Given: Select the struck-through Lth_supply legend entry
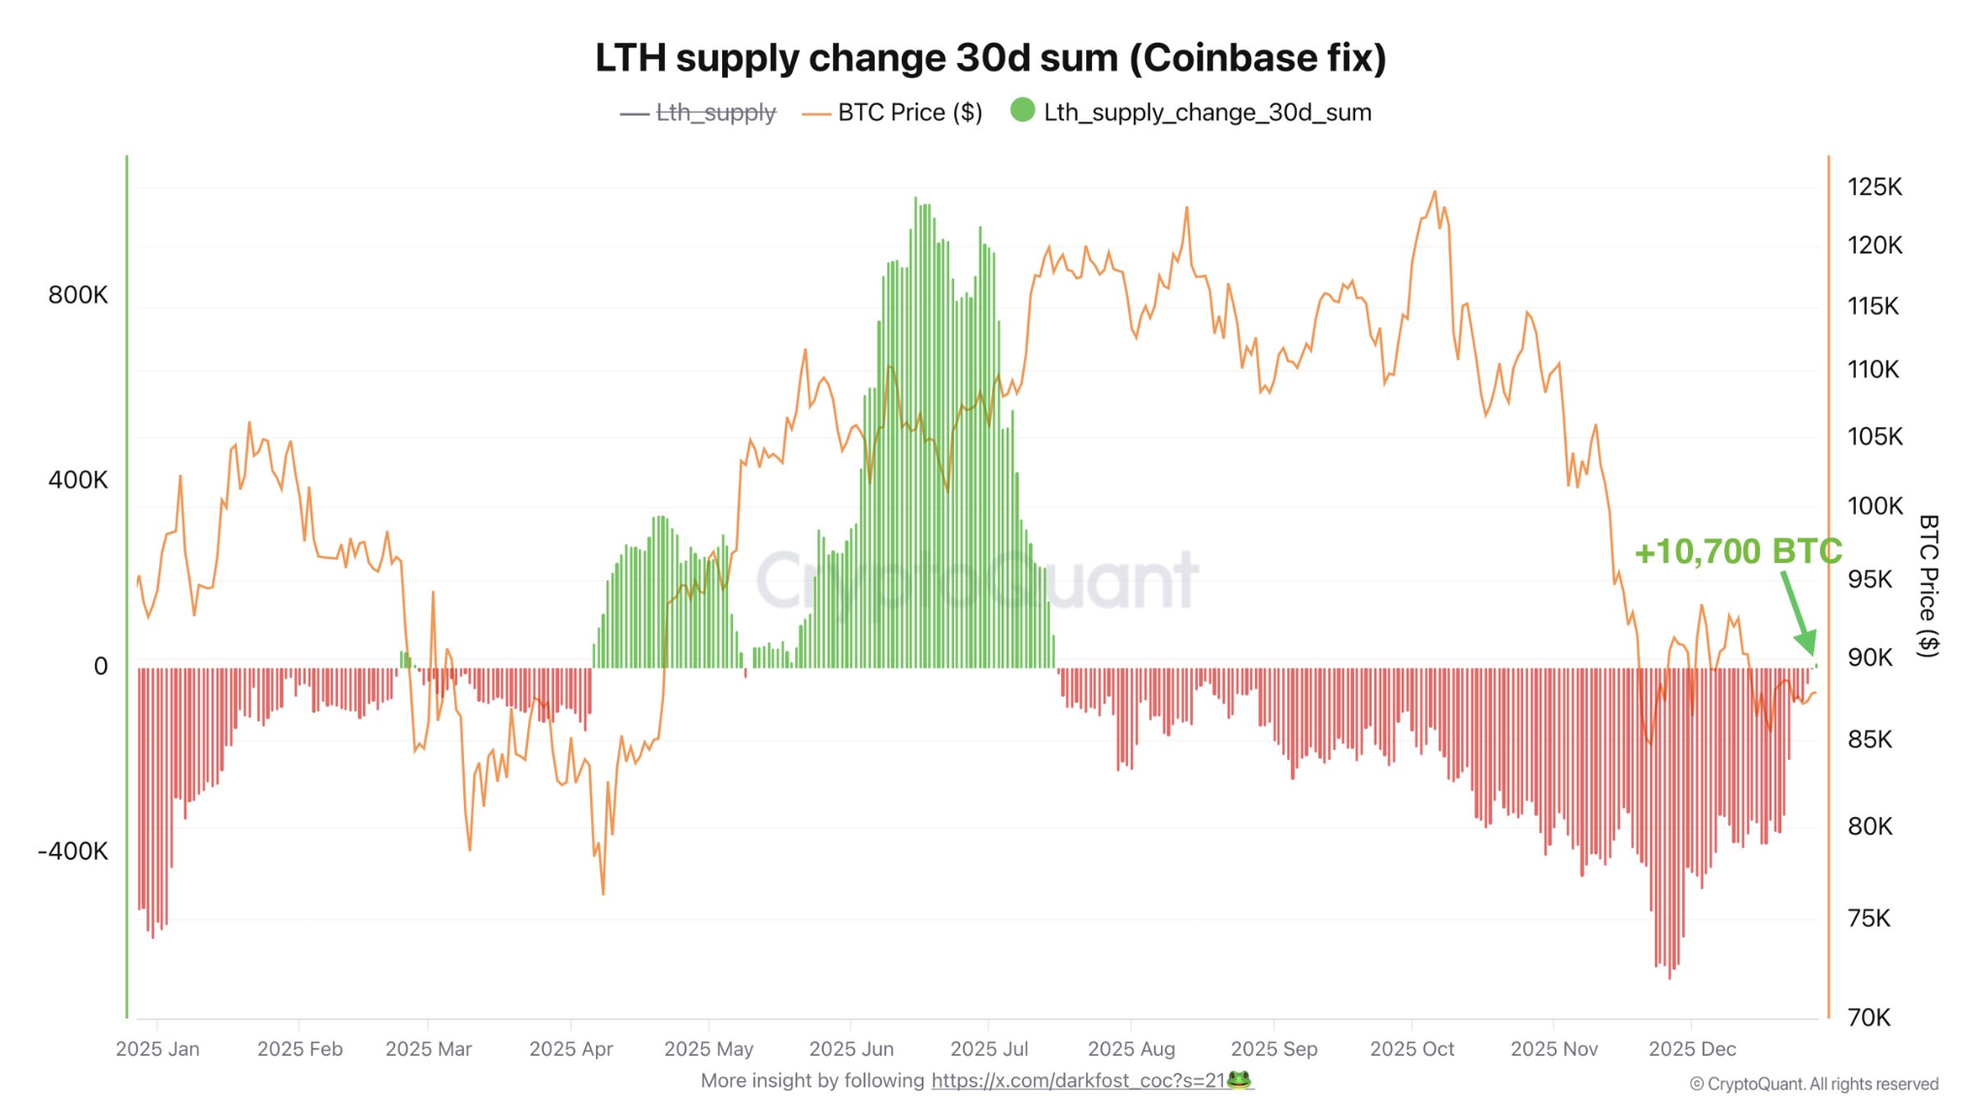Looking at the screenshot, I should click(715, 113).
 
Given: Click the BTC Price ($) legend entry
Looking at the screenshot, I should click(910, 113).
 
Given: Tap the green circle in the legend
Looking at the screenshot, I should click(1022, 111).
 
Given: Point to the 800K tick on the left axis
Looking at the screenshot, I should click(78, 295).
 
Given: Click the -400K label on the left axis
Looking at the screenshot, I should click(73, 851).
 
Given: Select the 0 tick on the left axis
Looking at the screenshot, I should click(100, 666).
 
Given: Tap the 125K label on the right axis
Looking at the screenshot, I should click(1874, 187).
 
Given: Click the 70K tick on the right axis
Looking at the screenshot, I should click(1869, 1017).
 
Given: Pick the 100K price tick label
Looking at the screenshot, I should click(1874, 506).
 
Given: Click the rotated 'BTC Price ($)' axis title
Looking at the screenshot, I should click(1928, 586).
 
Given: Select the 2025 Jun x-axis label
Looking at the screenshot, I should click(851, 1049).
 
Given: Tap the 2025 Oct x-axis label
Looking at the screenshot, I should click(1411, 1049).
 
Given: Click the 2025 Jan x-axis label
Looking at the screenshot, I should click(157, 1049).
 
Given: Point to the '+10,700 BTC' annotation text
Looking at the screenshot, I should click(1738, 551).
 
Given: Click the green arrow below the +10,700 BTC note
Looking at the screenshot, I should click(1798, 613).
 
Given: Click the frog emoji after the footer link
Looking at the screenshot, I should click(1239, 1079).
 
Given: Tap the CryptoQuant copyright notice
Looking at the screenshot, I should click(1813, 1084).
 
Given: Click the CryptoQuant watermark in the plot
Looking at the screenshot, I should click(977, 580).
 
